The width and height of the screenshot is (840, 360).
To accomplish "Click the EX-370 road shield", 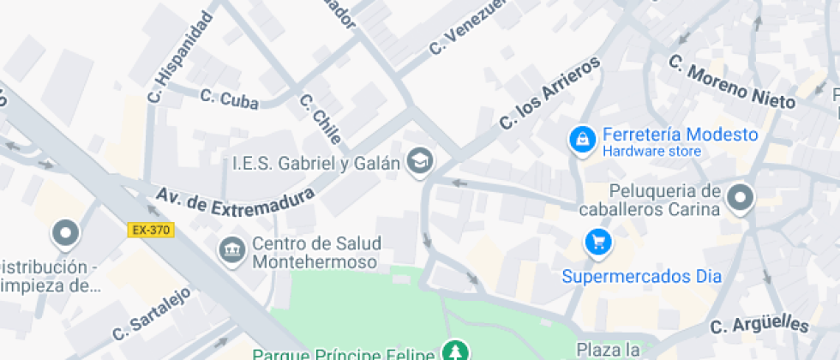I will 151,230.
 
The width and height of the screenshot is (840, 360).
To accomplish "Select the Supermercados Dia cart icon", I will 597,243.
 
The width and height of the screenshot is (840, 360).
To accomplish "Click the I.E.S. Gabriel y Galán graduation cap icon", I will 419,160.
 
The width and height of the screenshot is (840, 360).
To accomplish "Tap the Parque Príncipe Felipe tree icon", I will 453,351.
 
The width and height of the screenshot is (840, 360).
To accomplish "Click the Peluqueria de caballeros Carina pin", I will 739,198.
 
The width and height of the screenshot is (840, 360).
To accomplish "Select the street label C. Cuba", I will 230,99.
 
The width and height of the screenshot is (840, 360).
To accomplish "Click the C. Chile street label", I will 321,118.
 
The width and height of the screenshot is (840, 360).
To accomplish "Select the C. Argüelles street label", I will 760,325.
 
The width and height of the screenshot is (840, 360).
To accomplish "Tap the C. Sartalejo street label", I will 150,312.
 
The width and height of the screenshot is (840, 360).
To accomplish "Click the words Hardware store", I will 651,152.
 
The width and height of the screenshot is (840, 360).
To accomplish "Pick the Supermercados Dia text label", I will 641,277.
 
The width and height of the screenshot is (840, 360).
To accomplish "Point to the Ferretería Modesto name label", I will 680,135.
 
